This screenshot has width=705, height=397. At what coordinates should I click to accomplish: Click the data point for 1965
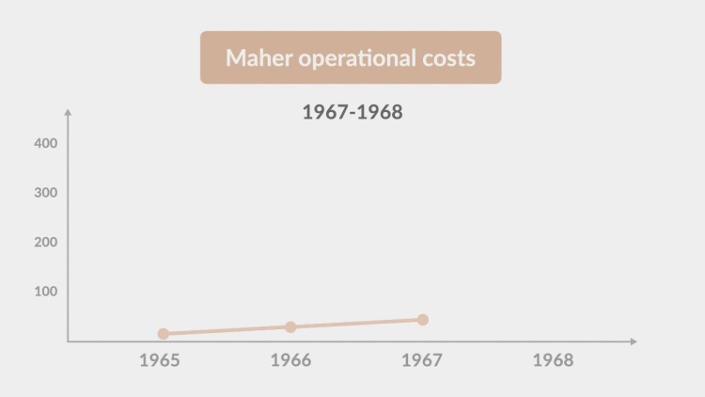point(164,333)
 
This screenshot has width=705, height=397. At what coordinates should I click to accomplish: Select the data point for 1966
point(290,326)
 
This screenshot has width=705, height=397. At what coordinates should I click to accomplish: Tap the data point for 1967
point(423,320)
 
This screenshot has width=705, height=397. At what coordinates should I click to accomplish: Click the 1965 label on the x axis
point(159,360)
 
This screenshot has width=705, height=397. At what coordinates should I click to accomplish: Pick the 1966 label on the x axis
point(290,360)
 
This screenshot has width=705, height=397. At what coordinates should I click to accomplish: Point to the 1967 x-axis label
point(422,360)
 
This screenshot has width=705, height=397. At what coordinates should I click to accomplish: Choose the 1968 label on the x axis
point(553,360)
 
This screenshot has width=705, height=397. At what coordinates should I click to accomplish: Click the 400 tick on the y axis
point(46,143)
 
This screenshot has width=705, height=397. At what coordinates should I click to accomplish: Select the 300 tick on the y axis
point(46,192)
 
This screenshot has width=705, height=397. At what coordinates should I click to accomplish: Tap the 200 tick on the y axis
point(46,242)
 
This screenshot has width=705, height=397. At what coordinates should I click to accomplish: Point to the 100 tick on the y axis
point(46,292)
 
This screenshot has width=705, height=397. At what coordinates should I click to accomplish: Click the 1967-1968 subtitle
point(352,112)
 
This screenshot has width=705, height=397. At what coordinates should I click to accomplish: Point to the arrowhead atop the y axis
point(68,113)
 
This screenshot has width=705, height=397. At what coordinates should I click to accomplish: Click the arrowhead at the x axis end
point(634,341)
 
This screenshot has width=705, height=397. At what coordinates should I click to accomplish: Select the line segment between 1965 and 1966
point(227,330)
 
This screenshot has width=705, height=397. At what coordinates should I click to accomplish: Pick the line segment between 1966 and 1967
point(357,324)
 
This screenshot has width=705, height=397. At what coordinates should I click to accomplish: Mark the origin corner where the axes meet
point(68,341)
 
